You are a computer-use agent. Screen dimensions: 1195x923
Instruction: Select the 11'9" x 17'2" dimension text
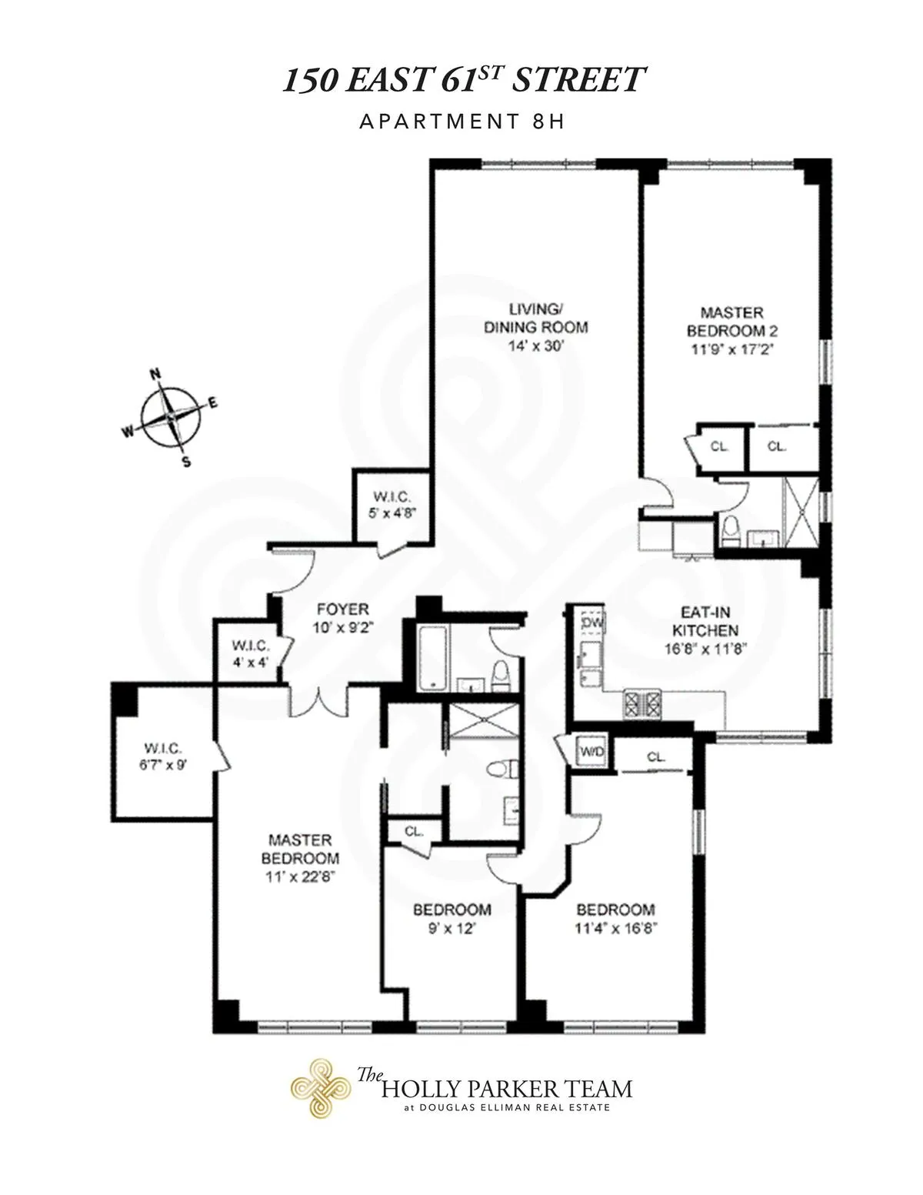pos(731,348)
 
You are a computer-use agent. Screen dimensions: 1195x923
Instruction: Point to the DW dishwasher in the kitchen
pos(591,621)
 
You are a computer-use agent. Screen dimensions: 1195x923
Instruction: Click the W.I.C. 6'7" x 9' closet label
pos(165,757)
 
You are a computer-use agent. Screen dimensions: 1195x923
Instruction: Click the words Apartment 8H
pos(461,122)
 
